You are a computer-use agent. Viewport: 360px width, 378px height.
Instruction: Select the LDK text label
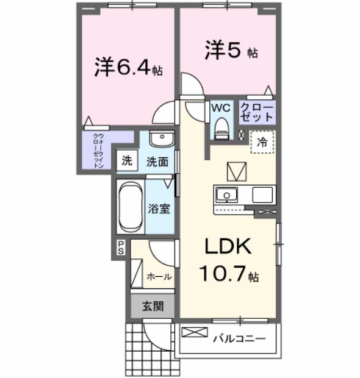[228, 247]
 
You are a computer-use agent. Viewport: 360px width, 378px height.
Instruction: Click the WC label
[220, 107]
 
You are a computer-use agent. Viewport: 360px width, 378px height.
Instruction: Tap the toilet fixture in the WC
[221, 128]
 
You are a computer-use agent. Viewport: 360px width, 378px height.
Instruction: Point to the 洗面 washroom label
[157, 162]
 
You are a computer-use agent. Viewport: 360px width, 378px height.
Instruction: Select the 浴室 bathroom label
[159, 208]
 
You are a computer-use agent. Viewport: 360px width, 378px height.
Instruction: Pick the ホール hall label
[158, 276]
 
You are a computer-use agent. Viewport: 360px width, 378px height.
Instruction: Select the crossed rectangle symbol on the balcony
[195, 333]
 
